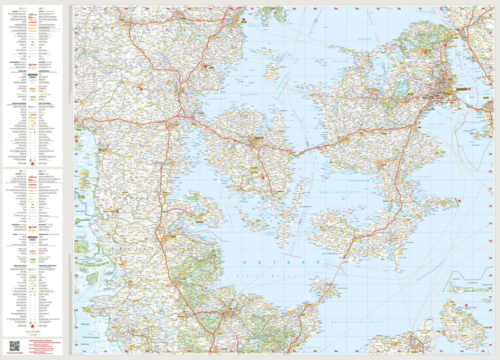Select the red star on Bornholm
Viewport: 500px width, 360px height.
pyautogui.click(x=466, y=305)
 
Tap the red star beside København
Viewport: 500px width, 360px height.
pyautogui.click(x=469, y=88)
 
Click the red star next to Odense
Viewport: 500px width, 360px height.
pyautogui.click(x=262, y=137)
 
